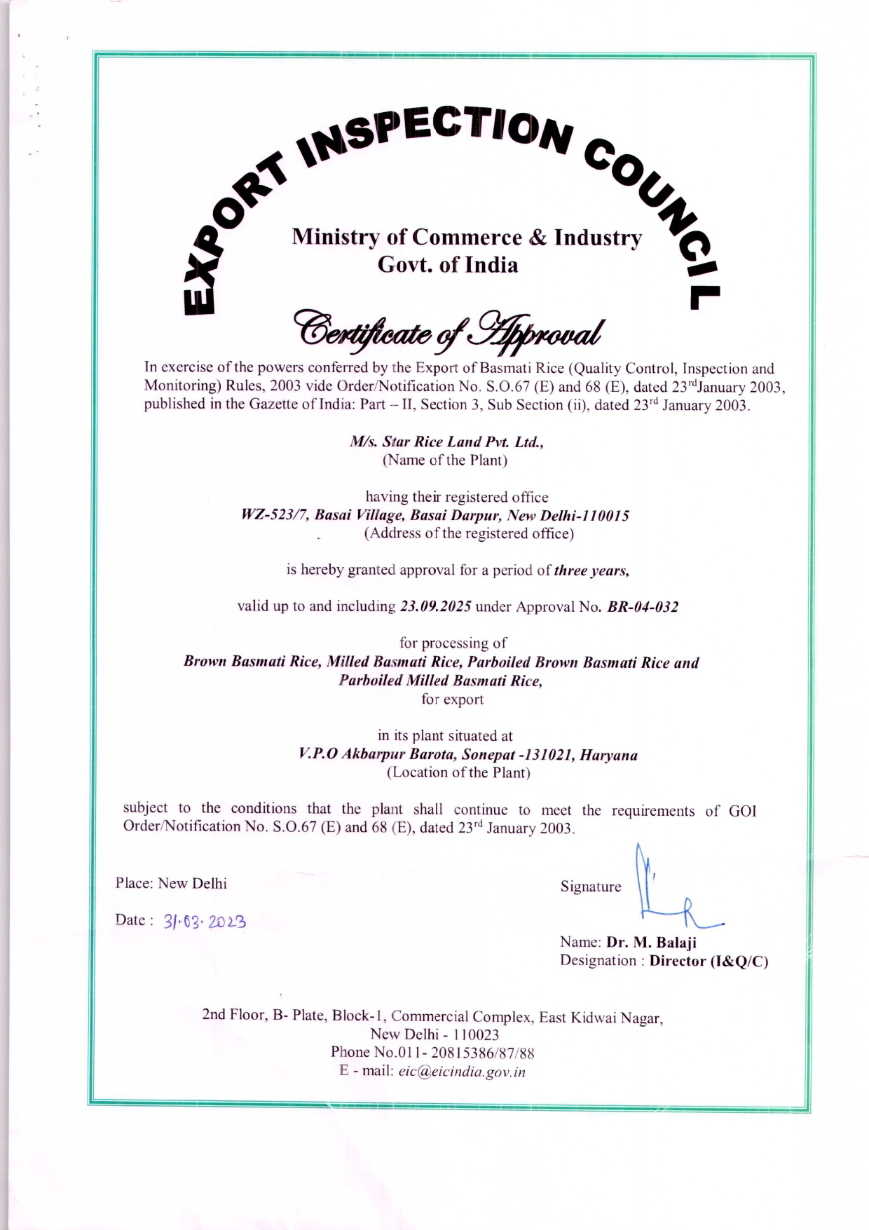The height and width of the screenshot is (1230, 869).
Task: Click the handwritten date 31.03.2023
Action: tap(205, 921)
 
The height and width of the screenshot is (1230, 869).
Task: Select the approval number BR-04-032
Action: tap(643, 607)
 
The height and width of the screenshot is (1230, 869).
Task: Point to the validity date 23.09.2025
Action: tap(435, 606)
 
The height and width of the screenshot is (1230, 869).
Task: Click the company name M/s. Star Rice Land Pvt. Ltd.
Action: tap(446, 442)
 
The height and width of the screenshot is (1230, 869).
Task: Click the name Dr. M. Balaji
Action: tap(651, 943)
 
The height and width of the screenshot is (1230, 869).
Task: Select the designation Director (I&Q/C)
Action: tap(709, 961)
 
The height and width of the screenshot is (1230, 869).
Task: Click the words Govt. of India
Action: tap(448, 265)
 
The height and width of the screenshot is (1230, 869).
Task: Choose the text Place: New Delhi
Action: tap(171, 883)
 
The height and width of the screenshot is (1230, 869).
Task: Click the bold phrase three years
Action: tap(591, 570)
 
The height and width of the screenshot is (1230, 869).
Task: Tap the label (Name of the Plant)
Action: tap(444, 460)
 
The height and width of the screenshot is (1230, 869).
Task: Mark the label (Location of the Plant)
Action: tap(458, 772)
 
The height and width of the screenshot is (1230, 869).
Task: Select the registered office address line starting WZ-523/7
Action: tap(435, 516)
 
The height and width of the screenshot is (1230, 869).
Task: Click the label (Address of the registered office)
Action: tap(468, 533)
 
